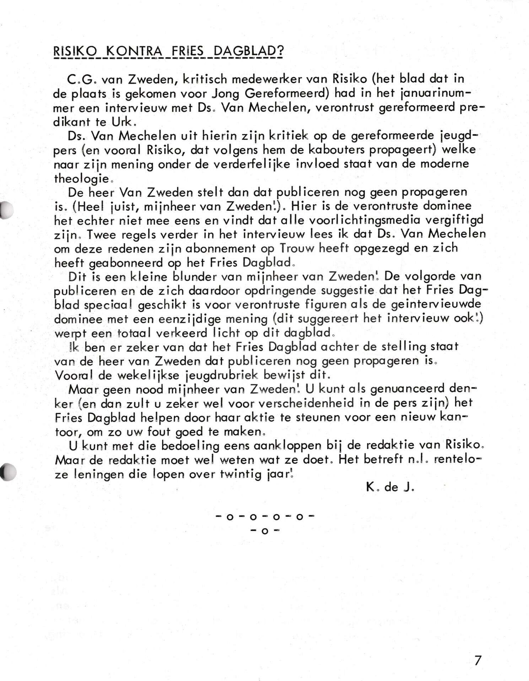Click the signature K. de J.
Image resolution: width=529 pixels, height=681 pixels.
point(390,487)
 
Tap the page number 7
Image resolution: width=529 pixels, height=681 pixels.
point(478,660)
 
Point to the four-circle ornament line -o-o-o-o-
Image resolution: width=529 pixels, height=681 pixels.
point(265,517)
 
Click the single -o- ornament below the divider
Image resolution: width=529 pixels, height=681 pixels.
point(265,531)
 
